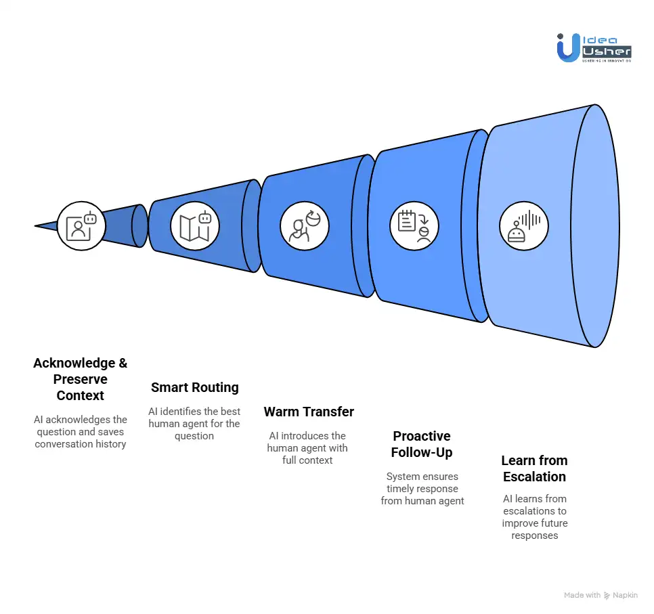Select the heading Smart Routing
coord(195,388)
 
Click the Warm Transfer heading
coord(309,412)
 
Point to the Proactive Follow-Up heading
coord(422,444)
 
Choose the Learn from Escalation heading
coord(534,468)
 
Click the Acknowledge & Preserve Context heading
coord(81,379)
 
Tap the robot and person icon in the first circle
coord(81,226)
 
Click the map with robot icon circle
coord(194,226)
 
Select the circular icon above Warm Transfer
coord(305,226)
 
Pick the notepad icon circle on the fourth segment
coord(414,226)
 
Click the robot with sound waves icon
coord(524,226)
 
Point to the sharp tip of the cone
coord(37,225)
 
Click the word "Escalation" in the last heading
coord(534,477)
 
